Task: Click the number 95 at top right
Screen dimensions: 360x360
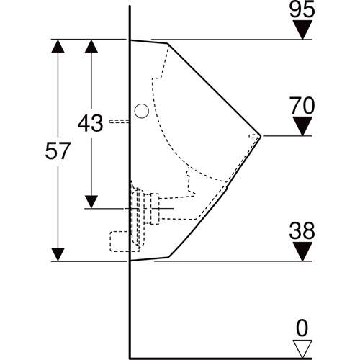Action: pos(302,11)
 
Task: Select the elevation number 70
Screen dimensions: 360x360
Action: pos(302,106)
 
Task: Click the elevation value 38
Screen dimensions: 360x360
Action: pos(302,231)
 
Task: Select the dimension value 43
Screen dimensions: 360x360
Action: pos(91,123)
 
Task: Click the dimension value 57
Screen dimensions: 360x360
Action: pos(58,151)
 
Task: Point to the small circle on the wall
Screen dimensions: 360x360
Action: pos(142,111)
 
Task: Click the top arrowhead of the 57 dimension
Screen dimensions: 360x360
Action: pos(58,46)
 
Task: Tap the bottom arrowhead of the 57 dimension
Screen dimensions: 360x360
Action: pos(58,253)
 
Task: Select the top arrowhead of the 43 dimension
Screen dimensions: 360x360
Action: pos(91,46)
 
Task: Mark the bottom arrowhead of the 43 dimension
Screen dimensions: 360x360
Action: pos(91,200)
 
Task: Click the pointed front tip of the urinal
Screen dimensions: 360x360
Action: pos(261,135)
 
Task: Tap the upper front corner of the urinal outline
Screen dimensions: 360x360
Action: pos(168,44)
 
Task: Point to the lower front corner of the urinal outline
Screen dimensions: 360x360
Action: pos(167,256)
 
